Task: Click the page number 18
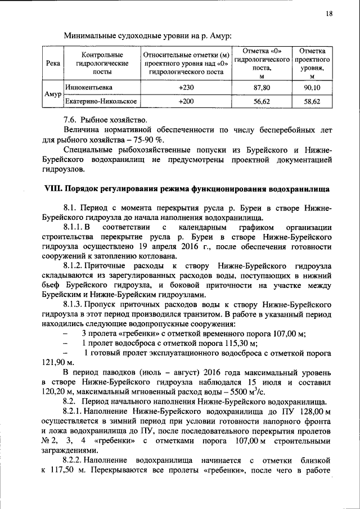click(328, 13)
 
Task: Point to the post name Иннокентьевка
click(88, 88)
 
